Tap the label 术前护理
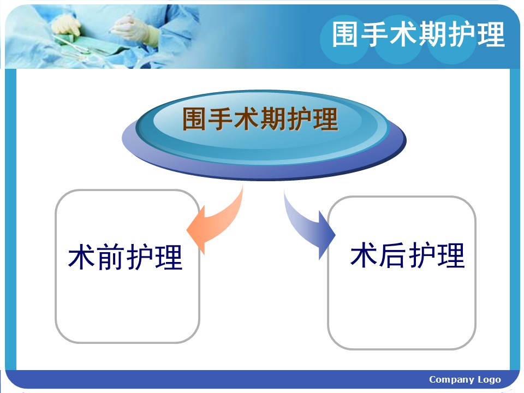pyautogui.click(x=126, y=257)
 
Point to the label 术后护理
pyautogui.click(x=408, y=255)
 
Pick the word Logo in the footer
pyautogui.click(x=489, y=380)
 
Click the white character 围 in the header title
pyautogui.click(x=345, y=34)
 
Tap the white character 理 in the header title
pyautogui.click(x=491, y=34)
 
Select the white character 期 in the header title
pyautogui.click(x=432, y=34)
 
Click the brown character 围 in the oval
pyautogui.click(x=194, y=118)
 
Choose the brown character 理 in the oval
pyautogui.click(x=325, y=118)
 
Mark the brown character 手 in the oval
pyautogui.click(x=220, y=118)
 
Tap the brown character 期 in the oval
pyautogui.click(x=273, y=118)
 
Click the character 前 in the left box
pyautogui.click(x=111, y=257)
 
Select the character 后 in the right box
pyautogui.click(x=394, y=255)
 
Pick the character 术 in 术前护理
pyautogui.click(x=82, y=257)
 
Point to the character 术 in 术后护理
pyautogui.click(x=364, y=255)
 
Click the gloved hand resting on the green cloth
pyautogui.click(x=66, y=25)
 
